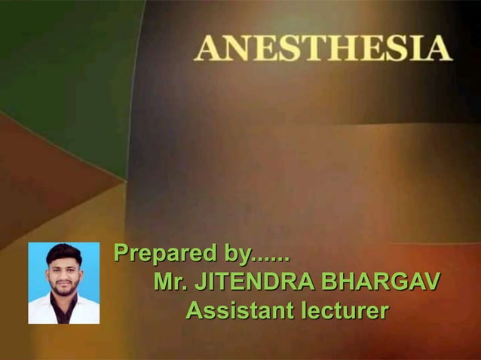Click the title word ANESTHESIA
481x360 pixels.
point(323,49)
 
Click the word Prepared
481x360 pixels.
point(158,254)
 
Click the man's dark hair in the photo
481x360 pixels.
point(64,254)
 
